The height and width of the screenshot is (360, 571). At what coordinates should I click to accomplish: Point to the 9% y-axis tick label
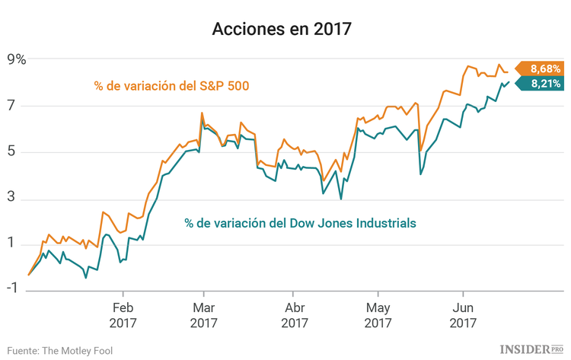point(16,59)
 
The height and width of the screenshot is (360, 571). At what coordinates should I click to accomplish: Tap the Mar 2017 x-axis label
point(203,315)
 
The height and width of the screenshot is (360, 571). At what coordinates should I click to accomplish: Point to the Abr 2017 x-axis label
point(295,315)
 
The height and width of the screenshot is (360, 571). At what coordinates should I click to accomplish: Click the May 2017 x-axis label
point(378,315)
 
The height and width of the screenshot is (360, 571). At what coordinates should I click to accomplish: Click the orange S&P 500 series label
point(172,86)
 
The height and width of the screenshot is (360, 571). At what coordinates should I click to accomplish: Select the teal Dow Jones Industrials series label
point(300,223)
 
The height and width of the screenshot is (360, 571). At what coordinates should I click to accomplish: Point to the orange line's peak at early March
point(202,113)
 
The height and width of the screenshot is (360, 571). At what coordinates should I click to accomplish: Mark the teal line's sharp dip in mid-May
point(421,174)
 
